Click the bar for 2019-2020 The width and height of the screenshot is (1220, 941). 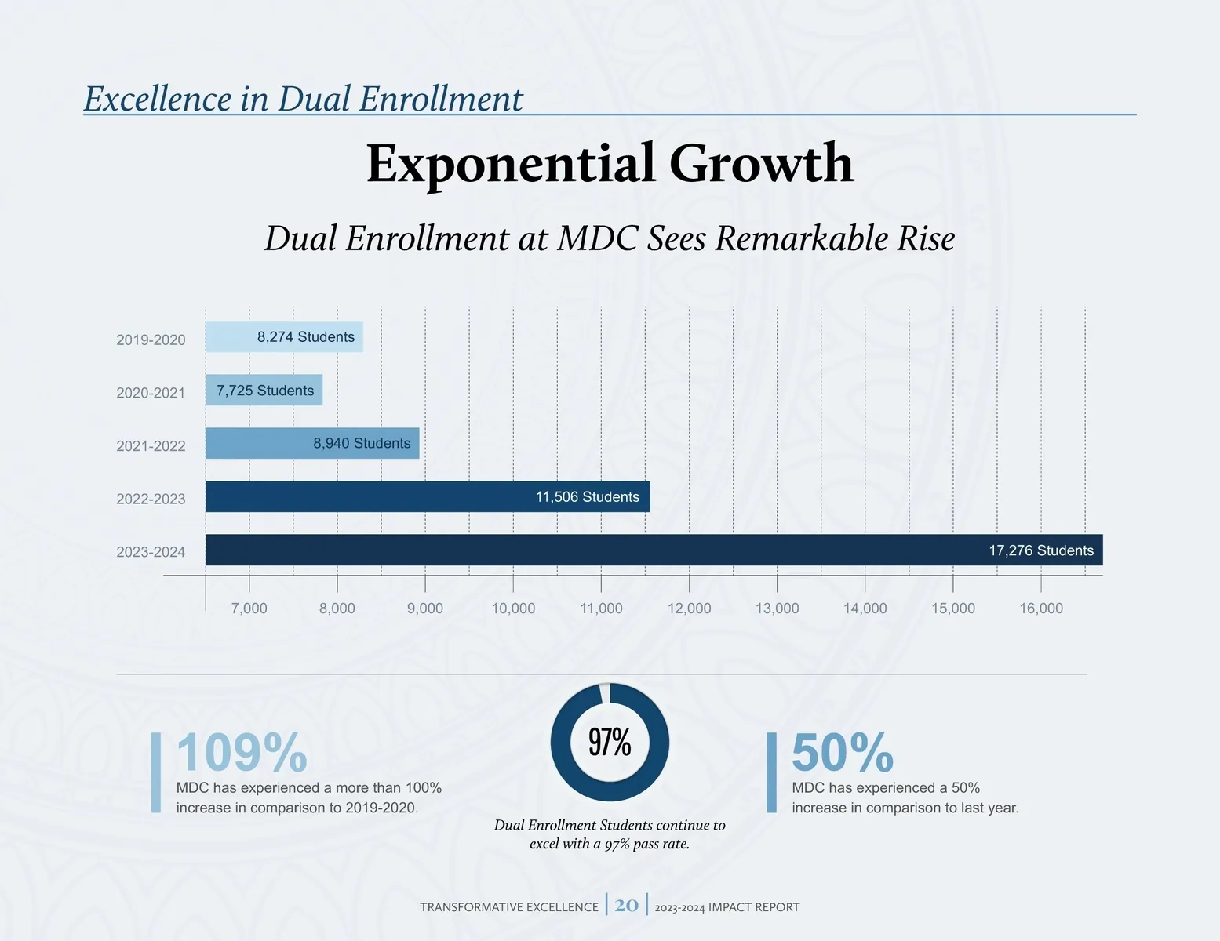[x=284, y=337]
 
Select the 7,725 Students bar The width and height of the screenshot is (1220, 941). [x=264, y=391]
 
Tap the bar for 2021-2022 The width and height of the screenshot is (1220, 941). [x=312, y=444]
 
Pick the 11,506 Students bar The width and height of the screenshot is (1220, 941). [x=428, y=497]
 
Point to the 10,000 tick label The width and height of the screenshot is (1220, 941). [x=513, y=609]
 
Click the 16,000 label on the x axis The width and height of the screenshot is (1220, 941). [x=1041, y=609]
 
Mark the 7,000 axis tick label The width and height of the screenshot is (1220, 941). [x=249, y=609]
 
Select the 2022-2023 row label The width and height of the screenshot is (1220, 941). [x=151, y=499]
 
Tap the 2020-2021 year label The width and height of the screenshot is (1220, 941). [x=151, y=393]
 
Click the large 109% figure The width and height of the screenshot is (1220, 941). [x=242, y=753]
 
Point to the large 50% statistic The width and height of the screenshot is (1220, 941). [x=843, y=753]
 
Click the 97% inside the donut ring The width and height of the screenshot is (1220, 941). [x=610, y=742]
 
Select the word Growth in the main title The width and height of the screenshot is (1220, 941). [x=761, y=164]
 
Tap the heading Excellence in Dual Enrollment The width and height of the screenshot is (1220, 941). [x=303, y=100]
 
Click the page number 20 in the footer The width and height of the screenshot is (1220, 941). [x=627, y=905]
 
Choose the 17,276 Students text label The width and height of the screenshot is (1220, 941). [x=1040, y=550]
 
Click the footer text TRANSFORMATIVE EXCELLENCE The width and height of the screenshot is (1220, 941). [x=509, y=907]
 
